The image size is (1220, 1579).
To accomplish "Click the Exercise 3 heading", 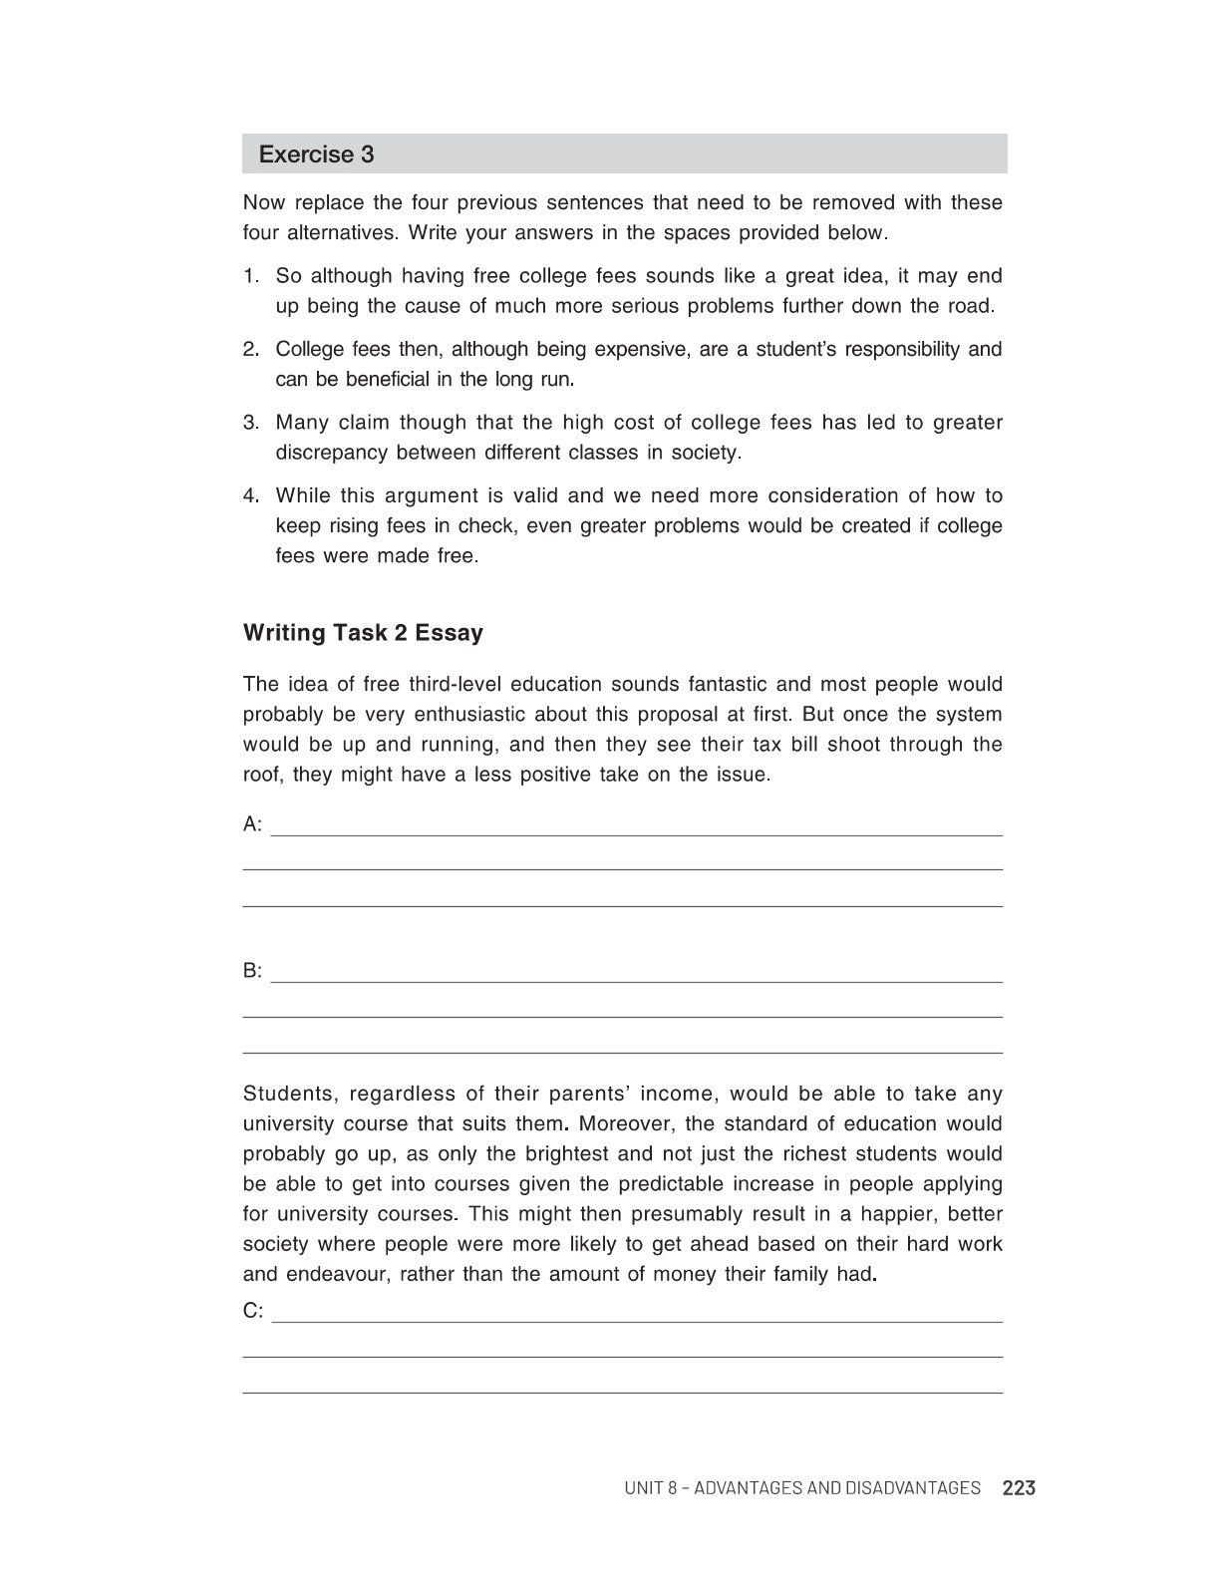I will click(316, 155).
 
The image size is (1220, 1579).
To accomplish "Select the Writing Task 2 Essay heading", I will click(363, 633).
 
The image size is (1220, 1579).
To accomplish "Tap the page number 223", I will click(1019, 1488).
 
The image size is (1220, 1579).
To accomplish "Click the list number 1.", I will click(251, 276).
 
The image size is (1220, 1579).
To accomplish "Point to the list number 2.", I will click(251, 350).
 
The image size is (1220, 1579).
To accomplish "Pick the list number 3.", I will click(251, 423).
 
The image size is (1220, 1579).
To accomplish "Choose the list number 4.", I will click(251, 496).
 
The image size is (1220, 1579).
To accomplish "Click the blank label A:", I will click(252, 824).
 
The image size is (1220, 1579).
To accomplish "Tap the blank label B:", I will click(252, 971).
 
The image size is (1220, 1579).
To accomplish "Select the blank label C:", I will click(253, 1311).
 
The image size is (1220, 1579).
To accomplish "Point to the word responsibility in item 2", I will click(900, 350).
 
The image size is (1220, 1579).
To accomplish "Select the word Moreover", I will click(625, 1124).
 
